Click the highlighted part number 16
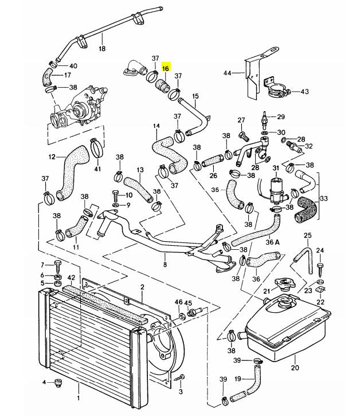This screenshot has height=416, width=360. tap(166, 69)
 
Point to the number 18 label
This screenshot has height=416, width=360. tap(102, 49)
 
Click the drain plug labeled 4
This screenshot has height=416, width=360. tap(57, 383)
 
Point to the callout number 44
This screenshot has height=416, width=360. tap(227, 73)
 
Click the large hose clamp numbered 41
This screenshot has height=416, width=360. tap(97, 148)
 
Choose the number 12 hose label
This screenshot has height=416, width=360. tap(52, 157)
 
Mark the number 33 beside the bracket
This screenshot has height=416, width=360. tap(324, 198)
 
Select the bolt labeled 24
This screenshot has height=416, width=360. tap(320, 268)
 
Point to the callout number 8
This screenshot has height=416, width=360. tap(165, 265)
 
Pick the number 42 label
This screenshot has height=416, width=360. tap(72, 278)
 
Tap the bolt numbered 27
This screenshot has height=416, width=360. tap(244, 136)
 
